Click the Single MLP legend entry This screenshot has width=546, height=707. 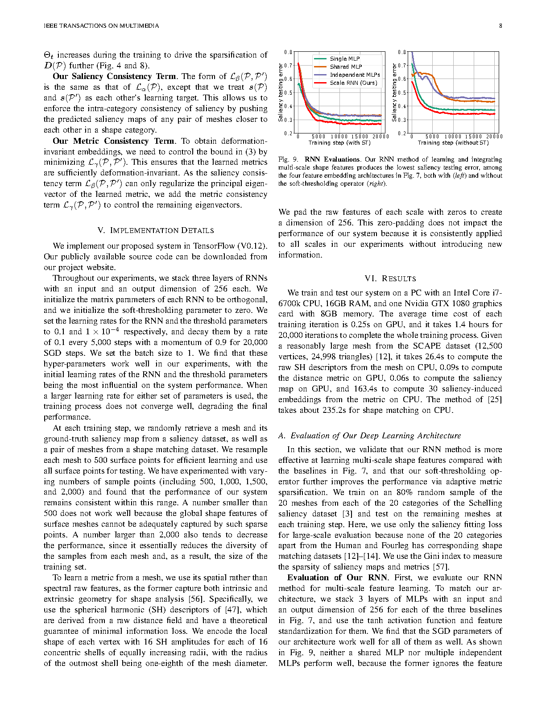pos(344,58)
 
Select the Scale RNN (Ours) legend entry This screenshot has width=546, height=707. pos(353,83)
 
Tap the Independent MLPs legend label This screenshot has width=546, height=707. pos(355,75)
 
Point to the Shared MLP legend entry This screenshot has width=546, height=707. pos(346,67)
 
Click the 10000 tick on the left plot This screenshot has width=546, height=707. pos(339,137)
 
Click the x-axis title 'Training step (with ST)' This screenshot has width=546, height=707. pos(339,143)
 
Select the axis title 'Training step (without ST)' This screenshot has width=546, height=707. pos(453,143)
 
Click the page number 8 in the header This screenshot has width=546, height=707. pos(500,25)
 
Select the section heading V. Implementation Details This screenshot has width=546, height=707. pos(155,230)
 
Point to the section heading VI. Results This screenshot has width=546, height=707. pos(390,279)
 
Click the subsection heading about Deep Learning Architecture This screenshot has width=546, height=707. pos(370,436)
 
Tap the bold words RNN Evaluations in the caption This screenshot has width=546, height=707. pos(332,159)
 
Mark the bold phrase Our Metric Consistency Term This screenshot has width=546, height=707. pos(113,141)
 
